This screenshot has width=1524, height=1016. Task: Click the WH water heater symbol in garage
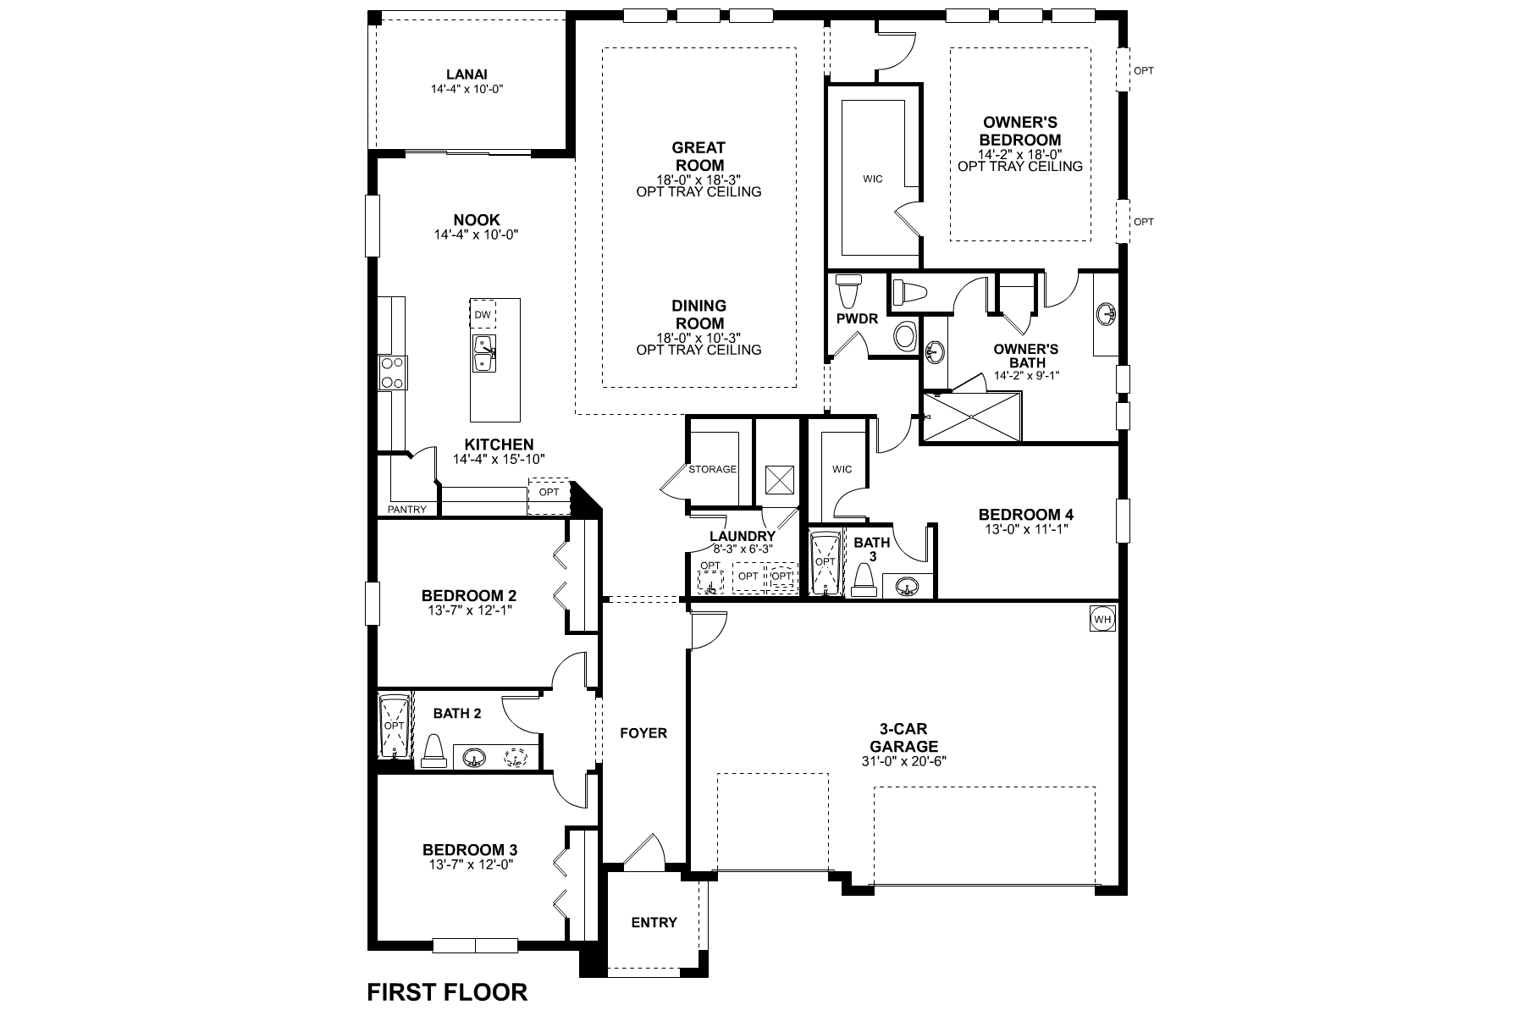1102,619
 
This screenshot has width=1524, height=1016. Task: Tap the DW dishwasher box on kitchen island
483,315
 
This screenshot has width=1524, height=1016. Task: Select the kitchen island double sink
483,352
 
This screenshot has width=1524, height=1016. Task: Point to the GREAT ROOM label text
698,156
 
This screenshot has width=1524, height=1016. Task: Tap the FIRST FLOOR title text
447,991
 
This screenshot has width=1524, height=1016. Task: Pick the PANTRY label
407,510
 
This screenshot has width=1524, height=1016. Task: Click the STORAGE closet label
712,469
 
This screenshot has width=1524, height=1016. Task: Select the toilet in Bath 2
433,750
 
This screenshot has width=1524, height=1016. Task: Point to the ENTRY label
654,922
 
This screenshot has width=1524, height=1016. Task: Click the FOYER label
643,732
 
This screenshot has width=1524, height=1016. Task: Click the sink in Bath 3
908,586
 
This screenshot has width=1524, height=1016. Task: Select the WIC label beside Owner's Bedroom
873,179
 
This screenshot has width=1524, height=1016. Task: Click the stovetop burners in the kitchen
392,373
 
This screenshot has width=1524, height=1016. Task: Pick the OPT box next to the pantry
549,492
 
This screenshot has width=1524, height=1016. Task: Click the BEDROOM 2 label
469,595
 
